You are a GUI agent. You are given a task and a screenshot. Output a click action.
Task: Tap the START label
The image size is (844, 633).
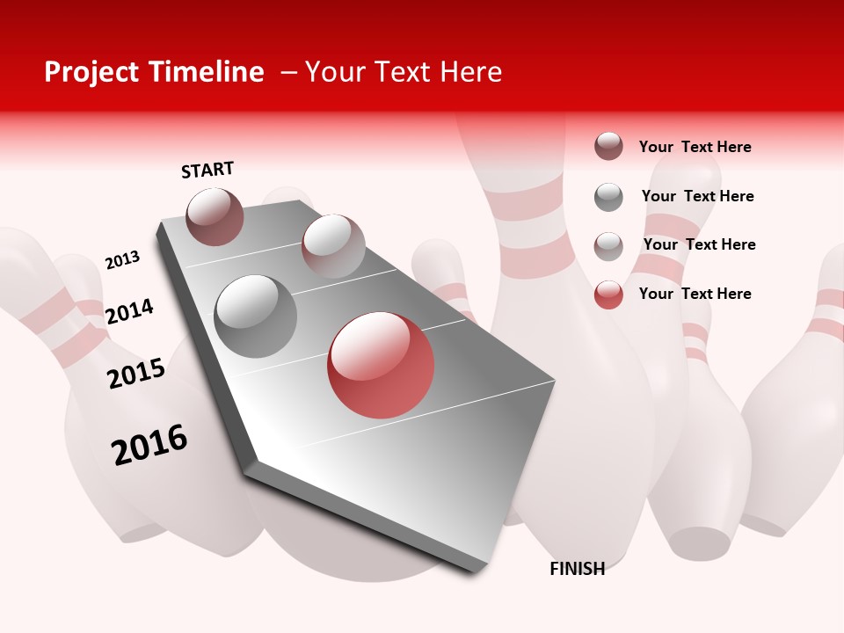(x=207, y=170)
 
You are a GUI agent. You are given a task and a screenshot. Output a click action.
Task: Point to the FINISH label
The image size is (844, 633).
(x=577, y=569)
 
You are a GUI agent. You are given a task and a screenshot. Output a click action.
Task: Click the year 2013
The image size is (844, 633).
(x=122, y=259)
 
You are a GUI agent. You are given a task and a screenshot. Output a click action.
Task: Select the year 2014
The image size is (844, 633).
(x=129, y=311)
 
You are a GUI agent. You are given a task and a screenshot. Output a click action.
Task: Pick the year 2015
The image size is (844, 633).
(x=136, y=374)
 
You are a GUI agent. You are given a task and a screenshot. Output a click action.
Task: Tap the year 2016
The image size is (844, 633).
(x=149, y=445)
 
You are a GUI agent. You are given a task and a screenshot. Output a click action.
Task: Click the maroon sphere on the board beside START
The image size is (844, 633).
(x=215, y=216)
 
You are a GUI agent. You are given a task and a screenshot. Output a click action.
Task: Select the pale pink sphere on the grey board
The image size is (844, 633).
(x=333, y=245)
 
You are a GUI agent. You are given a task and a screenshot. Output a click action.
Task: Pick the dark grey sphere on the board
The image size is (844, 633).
(x=256, y=316)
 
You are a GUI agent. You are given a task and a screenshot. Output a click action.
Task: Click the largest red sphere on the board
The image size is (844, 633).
(x=381, y=365)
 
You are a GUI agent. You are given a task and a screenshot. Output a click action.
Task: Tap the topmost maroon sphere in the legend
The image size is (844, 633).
(x=608, y=146)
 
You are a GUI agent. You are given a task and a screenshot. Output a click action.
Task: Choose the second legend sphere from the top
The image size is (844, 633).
(x=608, y=197)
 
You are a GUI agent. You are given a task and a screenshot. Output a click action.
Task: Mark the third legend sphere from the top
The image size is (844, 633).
(x=608, y=246)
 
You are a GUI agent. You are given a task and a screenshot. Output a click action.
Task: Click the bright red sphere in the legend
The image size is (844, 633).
(x=608, y=295)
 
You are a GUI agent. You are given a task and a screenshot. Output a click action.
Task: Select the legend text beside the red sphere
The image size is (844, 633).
(x=695, y=294)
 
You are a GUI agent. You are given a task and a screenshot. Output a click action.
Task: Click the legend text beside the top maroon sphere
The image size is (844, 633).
(x=695, y=147)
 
